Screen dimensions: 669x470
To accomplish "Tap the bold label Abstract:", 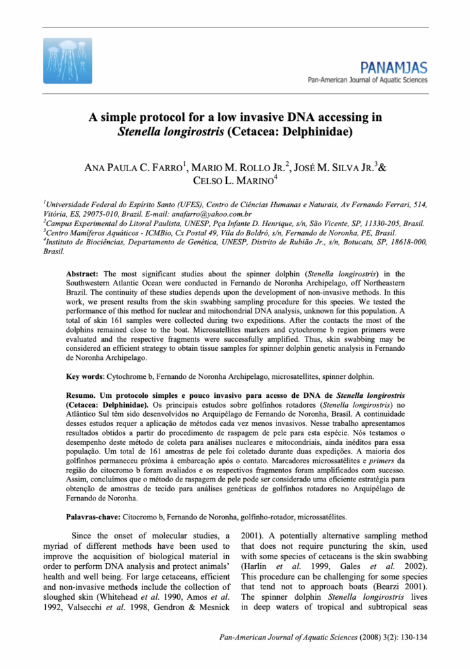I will pos(84,274).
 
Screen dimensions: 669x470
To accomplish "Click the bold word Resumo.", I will pos(82,396).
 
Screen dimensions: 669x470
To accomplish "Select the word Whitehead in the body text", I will pos(121,597).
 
